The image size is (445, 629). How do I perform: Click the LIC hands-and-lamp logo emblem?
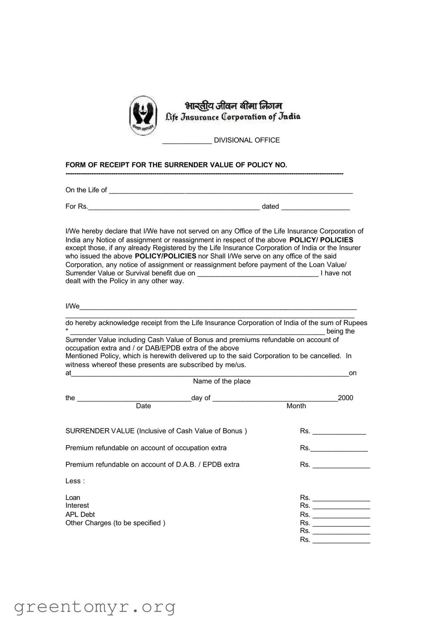tap(143, 115)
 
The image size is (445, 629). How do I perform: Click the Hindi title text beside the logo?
tap(233, 105)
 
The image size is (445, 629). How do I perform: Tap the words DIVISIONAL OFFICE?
tap(247, 140)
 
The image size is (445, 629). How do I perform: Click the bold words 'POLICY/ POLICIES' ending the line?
tap(321, 240)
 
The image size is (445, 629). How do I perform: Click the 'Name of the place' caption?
tap(222, 381)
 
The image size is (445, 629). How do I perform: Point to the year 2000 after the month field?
tap(345, 398)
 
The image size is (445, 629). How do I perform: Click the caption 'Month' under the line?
tap(296, 406)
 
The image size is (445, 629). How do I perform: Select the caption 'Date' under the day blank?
tap(143, 406)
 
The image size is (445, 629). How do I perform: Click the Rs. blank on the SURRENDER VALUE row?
tap(339, 432)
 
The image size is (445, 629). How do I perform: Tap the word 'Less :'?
tap(75, 481)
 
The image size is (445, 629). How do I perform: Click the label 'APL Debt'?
tap(80, 514)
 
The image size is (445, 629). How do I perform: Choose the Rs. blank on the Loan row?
tap(341, 499)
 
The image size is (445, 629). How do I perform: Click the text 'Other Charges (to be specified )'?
tap(115, 523)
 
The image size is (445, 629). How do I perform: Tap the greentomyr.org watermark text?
tap(95, 607)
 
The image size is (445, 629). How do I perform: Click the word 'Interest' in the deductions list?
tap(77, 506)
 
